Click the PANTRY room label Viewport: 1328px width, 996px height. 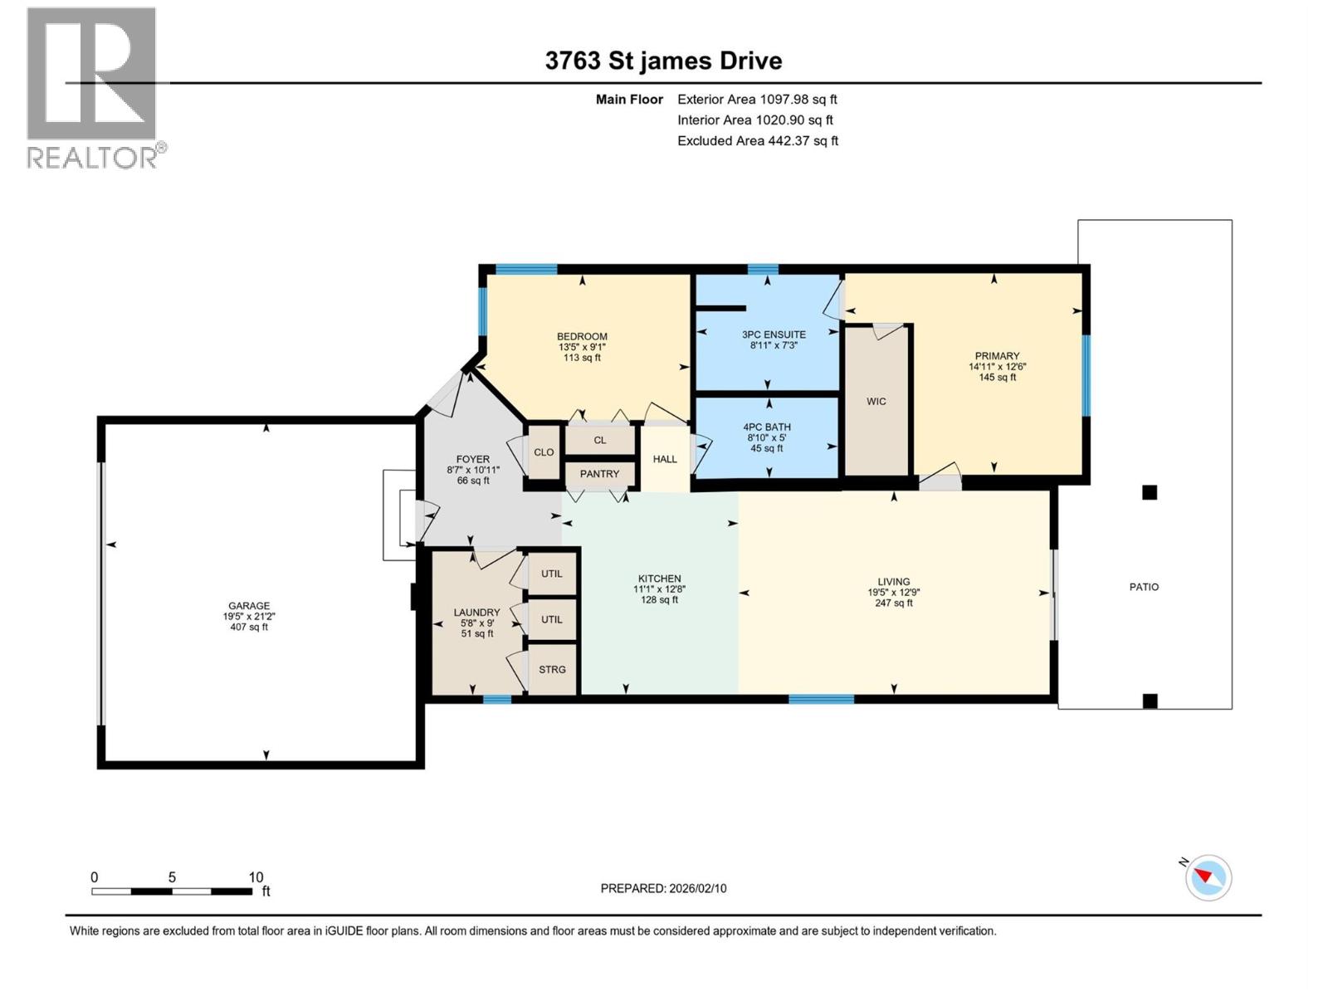pyautogui.click(x=599, y=474)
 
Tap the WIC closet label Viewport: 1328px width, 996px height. pyautogui.click(x=876, y=402)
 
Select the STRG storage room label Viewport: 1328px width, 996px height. pyautogui.click(x=552, y=669)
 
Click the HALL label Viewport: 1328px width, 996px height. pyautogui.click(x=665, y=459)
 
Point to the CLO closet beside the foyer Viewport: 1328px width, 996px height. pyautogui.click(x=544, y=452)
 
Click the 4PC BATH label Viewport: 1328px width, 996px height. pyautogui.click(x=766, y=427)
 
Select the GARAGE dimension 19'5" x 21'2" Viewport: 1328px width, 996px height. pyautogui.click(x=249, y=617)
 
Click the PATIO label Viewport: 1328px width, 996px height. pyautogui.click(x=1144, y=587)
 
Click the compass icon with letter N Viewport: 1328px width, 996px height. pyautogui.click(x=1208, y=877)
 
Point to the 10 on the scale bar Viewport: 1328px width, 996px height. pyautogui.click(x=256, y=877)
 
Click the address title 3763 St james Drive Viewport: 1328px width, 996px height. pyautogui.click(x=663, y=61)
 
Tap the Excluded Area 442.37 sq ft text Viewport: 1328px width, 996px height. pyautogui.click(x=757, y=141)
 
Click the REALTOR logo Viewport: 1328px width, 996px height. pyautogui.click(x=94, y=87)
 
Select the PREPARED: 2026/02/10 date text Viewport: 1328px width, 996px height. pyautogui.click(x=663, y=888)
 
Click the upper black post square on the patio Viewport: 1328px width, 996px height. pyautogui.click(x=1150, y=493)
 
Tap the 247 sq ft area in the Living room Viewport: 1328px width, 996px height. pyautogui.click(x=894, y=603)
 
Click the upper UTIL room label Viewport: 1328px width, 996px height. pyautogui.click(x=552, y=574)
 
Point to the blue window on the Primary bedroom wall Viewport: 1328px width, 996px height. pyautogui.click(x=1085, y=374)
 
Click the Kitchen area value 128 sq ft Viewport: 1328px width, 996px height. pyautogui.click(x=659, y=599)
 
